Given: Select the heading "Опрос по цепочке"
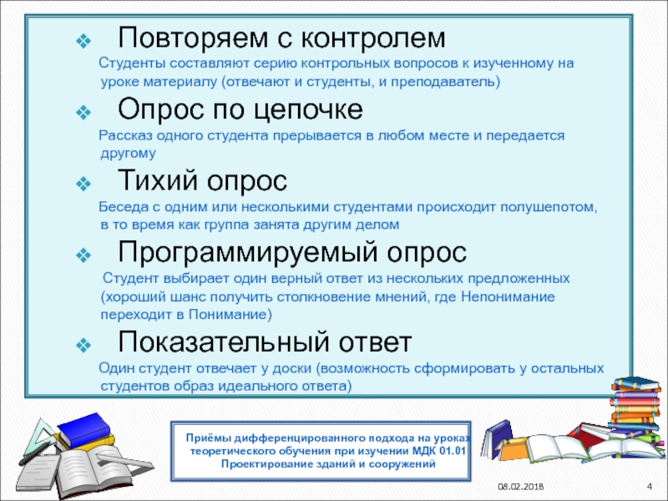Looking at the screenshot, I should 240,110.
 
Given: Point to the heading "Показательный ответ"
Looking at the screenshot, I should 265,342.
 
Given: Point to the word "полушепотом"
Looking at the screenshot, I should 552,205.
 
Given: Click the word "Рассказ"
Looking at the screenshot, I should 124,134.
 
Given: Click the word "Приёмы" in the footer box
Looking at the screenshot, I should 207,438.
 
